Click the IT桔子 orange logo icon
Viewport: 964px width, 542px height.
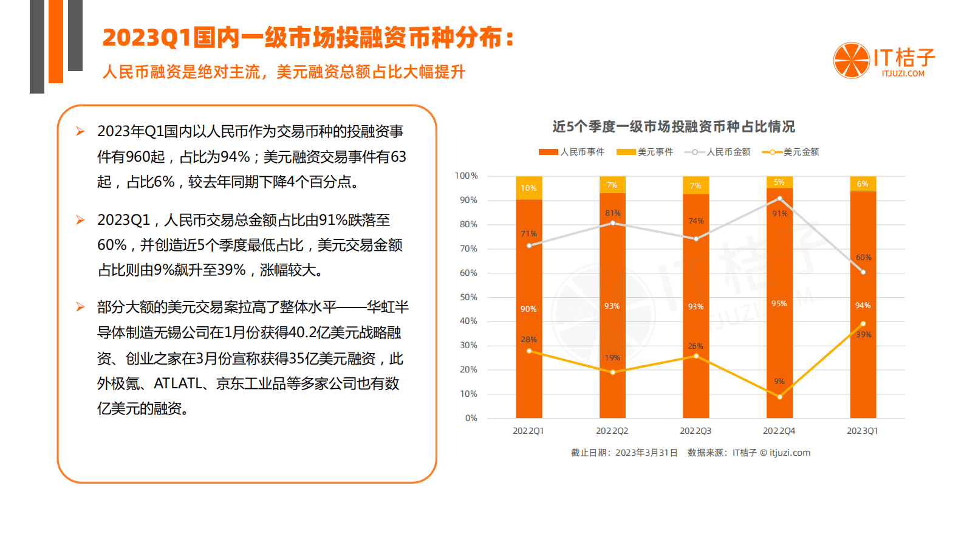(851, 60)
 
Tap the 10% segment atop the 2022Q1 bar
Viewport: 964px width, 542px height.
(528, 188)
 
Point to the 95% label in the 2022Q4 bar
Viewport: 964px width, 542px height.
(779, 304)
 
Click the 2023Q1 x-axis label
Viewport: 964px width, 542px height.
(862, 431)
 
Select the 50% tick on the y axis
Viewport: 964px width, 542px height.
(468, 297)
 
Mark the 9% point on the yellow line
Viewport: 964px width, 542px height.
(780, 397)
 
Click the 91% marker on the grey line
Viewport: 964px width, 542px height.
(780, 199)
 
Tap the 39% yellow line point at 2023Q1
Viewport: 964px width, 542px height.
(863, 323)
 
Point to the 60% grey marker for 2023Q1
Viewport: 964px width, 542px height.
(863, 272)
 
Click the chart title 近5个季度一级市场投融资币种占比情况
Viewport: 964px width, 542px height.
(673, 126)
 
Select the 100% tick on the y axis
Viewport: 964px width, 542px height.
(467, 176)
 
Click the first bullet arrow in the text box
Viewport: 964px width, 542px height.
(80, 131)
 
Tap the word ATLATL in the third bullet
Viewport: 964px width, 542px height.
(177, 383)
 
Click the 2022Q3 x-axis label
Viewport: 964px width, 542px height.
(695, 431)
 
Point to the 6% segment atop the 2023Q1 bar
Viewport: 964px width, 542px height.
(863, 184)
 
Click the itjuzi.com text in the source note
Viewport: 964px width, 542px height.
(790, 453)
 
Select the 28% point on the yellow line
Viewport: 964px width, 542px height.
(529, 351)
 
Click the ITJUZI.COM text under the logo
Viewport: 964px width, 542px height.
(903, 74)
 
